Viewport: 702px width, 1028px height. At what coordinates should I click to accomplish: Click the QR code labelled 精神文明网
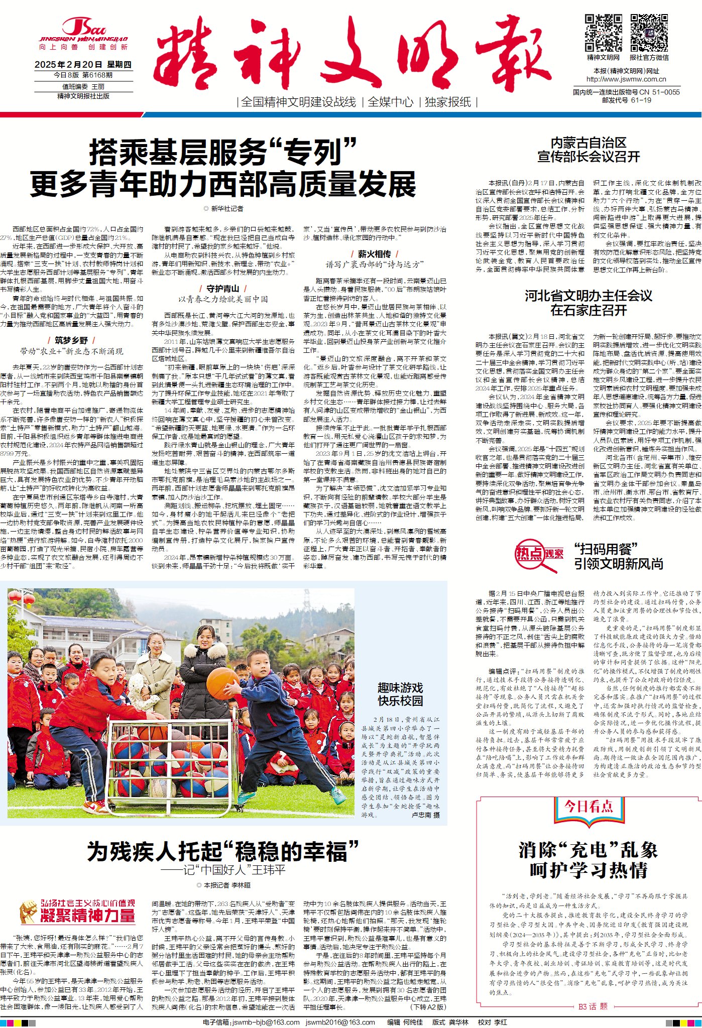click(603, 33)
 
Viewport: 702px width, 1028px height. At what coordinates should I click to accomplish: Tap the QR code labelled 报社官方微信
click(649, 33)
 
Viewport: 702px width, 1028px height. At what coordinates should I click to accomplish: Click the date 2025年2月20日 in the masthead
click(68, 65)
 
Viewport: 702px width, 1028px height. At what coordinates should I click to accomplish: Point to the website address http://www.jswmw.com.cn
click(626, 79)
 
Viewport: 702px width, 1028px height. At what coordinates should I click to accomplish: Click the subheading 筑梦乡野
click(71, 340)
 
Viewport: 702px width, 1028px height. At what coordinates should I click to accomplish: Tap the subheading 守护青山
click(223, 289)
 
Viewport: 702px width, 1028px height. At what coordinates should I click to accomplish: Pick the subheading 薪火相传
click(374, 254)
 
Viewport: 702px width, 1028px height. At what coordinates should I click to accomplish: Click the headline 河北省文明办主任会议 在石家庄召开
click(589, 303)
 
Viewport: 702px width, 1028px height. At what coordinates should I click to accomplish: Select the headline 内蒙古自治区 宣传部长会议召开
click(589, 150)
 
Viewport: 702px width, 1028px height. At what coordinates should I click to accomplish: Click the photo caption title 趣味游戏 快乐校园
click(400, 694)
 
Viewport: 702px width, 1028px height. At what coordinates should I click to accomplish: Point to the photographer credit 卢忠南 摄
click(425, 816)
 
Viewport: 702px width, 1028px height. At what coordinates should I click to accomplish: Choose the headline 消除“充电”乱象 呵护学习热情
click(589, 860)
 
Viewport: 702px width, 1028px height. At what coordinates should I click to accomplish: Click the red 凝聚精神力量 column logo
click(78, 912)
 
